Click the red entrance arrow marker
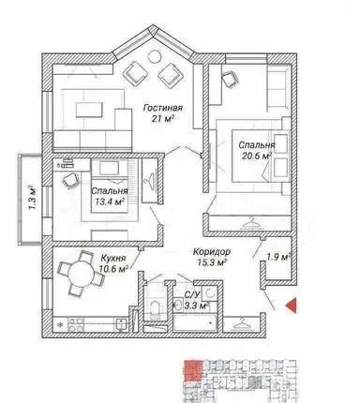(x=292, y=306)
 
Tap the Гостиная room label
(x=162, y=108)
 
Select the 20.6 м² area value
(x=256, y=156)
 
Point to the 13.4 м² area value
(x=110, y=201)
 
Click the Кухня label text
(x=113, y=259)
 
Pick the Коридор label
(x=212, y=251)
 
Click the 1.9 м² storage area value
(x=278, y=257)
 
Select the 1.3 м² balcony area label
(x=32, y=198)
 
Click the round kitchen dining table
(x=82, y=274)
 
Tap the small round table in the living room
(x=155, y=56)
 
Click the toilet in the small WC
(x=155, y=307)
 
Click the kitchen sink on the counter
(x=121, y=323)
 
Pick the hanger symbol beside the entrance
(x=242, y=322)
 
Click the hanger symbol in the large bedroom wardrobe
(x=251, y=223)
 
